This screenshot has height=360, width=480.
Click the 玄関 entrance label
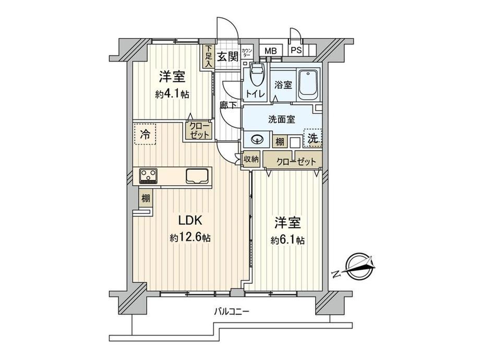click(x=228, y=56)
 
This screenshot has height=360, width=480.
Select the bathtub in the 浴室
click(x=308, y=85)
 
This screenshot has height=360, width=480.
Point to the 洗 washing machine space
click(x=313, y=138)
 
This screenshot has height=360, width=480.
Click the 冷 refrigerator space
click(x=145, y=134)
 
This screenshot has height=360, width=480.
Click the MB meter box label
click(x=270, y=51)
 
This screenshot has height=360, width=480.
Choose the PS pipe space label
click(x=296, y=50)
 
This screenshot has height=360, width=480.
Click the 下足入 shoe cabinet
click(x=209, y=56)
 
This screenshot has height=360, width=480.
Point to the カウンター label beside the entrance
click(x=246, y=52)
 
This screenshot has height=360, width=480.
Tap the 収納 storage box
click(x=251, y=159)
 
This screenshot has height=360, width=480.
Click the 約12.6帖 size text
click(x=190, y=237)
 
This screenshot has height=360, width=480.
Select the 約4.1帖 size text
click(x=172, y=94)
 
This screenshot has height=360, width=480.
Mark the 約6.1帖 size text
click(x=287, y=241)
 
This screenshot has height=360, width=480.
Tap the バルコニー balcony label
click(x=232, y=312)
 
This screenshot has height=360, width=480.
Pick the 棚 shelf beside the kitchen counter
click(x=146, y=198)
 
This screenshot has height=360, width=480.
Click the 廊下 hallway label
click(x=228, y=105)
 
